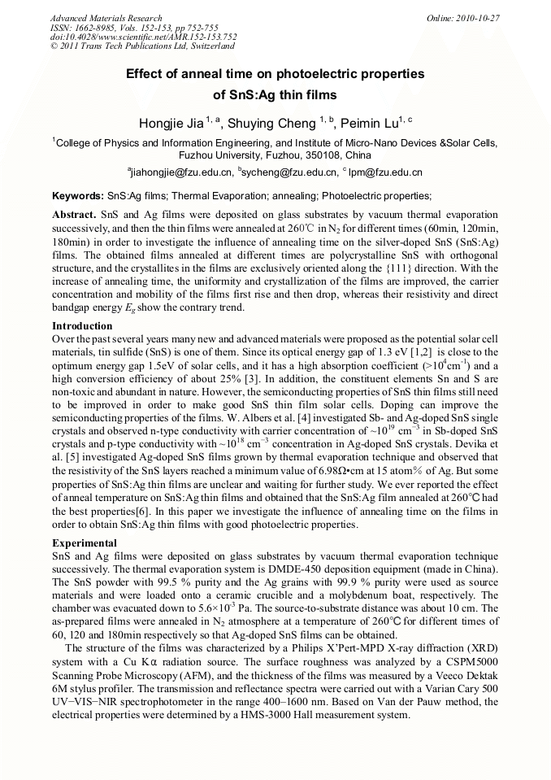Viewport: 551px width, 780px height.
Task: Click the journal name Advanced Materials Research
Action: pos(106,18)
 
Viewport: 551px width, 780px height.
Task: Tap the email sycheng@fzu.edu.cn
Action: pos(289,172)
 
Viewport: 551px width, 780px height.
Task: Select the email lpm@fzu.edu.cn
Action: pos(385,172)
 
